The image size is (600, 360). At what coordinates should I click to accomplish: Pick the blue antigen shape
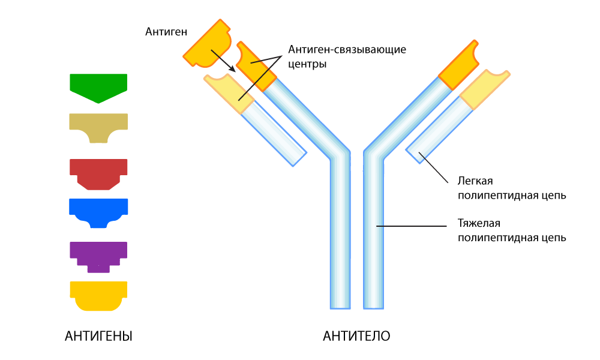(x=98, y=210)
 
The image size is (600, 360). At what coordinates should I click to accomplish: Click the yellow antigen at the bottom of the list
(x=98, y=294)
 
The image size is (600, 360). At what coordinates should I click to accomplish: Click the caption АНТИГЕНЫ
(x=98, y=336)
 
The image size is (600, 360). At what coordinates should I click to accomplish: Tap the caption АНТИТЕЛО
(x=356, y=336)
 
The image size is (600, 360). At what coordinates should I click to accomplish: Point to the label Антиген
(x=165, y=31)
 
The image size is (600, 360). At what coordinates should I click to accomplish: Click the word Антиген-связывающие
(x=347, y=49)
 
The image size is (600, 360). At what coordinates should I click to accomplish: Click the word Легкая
(x=475, y=181)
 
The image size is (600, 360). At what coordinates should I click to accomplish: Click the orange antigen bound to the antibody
(x=208, y=45)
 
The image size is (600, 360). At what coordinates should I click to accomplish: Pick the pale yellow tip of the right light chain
(x=485, y=89)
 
